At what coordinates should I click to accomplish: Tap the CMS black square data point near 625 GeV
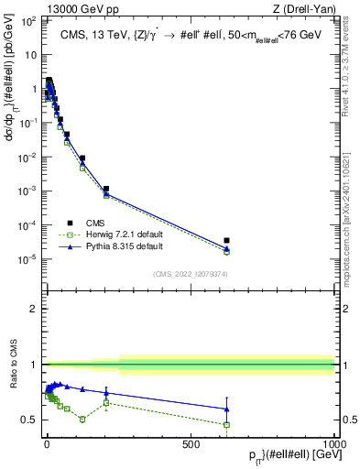226,240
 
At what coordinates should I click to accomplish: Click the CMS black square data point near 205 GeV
106,189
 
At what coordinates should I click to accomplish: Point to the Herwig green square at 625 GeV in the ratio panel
226,424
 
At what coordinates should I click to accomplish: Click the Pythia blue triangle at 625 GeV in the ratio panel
226,409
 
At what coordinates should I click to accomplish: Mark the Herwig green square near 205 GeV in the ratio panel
106,402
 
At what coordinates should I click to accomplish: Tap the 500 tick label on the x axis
191,443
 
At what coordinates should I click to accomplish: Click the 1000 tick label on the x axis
333,443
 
